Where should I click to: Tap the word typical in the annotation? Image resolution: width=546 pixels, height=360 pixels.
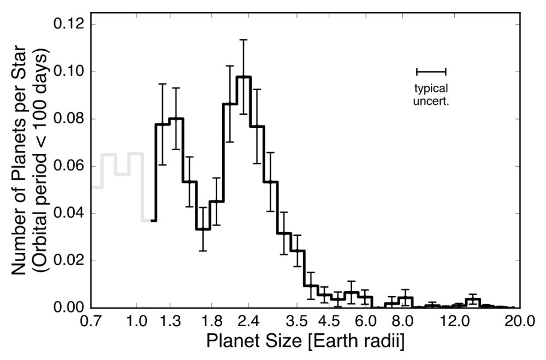click(431, 88)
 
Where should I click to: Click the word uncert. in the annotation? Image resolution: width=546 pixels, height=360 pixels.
click(431, 101)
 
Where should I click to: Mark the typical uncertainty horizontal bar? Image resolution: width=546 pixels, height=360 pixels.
click(431, 71)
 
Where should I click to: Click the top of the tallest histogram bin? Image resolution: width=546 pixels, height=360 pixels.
click(243, 77)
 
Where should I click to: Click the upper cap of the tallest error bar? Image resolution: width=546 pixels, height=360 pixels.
click(243, 40)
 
